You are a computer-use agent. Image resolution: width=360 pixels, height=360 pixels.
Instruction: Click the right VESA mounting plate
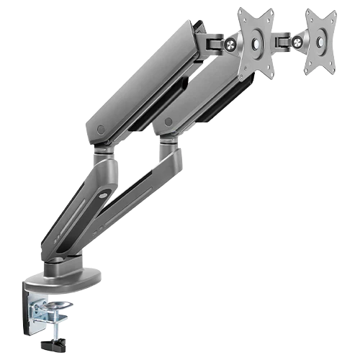coord(320,43)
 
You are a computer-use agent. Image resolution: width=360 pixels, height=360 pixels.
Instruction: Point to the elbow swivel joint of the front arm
coord(104,153)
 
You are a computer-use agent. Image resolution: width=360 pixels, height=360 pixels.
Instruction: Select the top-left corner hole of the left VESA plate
coord(243,15)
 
